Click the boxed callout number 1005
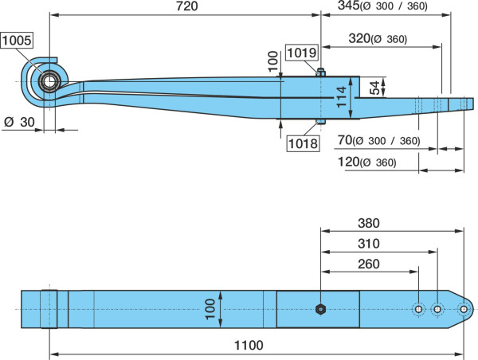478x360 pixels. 17,41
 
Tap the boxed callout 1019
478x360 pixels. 302,53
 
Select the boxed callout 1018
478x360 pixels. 303,143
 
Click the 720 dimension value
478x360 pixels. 187,6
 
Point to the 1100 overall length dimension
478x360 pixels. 249,346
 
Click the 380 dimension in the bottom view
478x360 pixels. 369,223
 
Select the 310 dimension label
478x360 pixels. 369,244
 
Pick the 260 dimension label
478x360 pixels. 369,264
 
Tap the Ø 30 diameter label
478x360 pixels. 19,122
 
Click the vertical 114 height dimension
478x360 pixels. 342,96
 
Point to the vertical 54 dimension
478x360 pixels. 376,88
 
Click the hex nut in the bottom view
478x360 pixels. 320,309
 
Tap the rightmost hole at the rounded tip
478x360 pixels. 464,309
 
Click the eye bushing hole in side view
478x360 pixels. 49,82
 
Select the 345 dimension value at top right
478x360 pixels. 349,6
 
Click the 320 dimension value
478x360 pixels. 360,38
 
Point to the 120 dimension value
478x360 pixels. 349,162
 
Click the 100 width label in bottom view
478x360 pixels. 210,309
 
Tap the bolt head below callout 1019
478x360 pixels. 321,72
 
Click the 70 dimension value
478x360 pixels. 345,140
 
